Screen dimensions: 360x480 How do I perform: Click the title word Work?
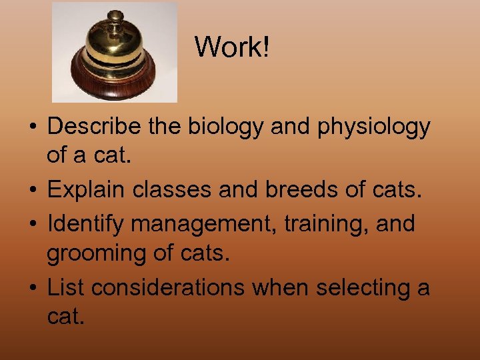coord(232,47)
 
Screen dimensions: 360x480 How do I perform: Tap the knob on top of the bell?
coord(115,16)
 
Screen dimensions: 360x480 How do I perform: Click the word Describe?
coord(94,126)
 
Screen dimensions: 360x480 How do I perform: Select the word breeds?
coord(304,191)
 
